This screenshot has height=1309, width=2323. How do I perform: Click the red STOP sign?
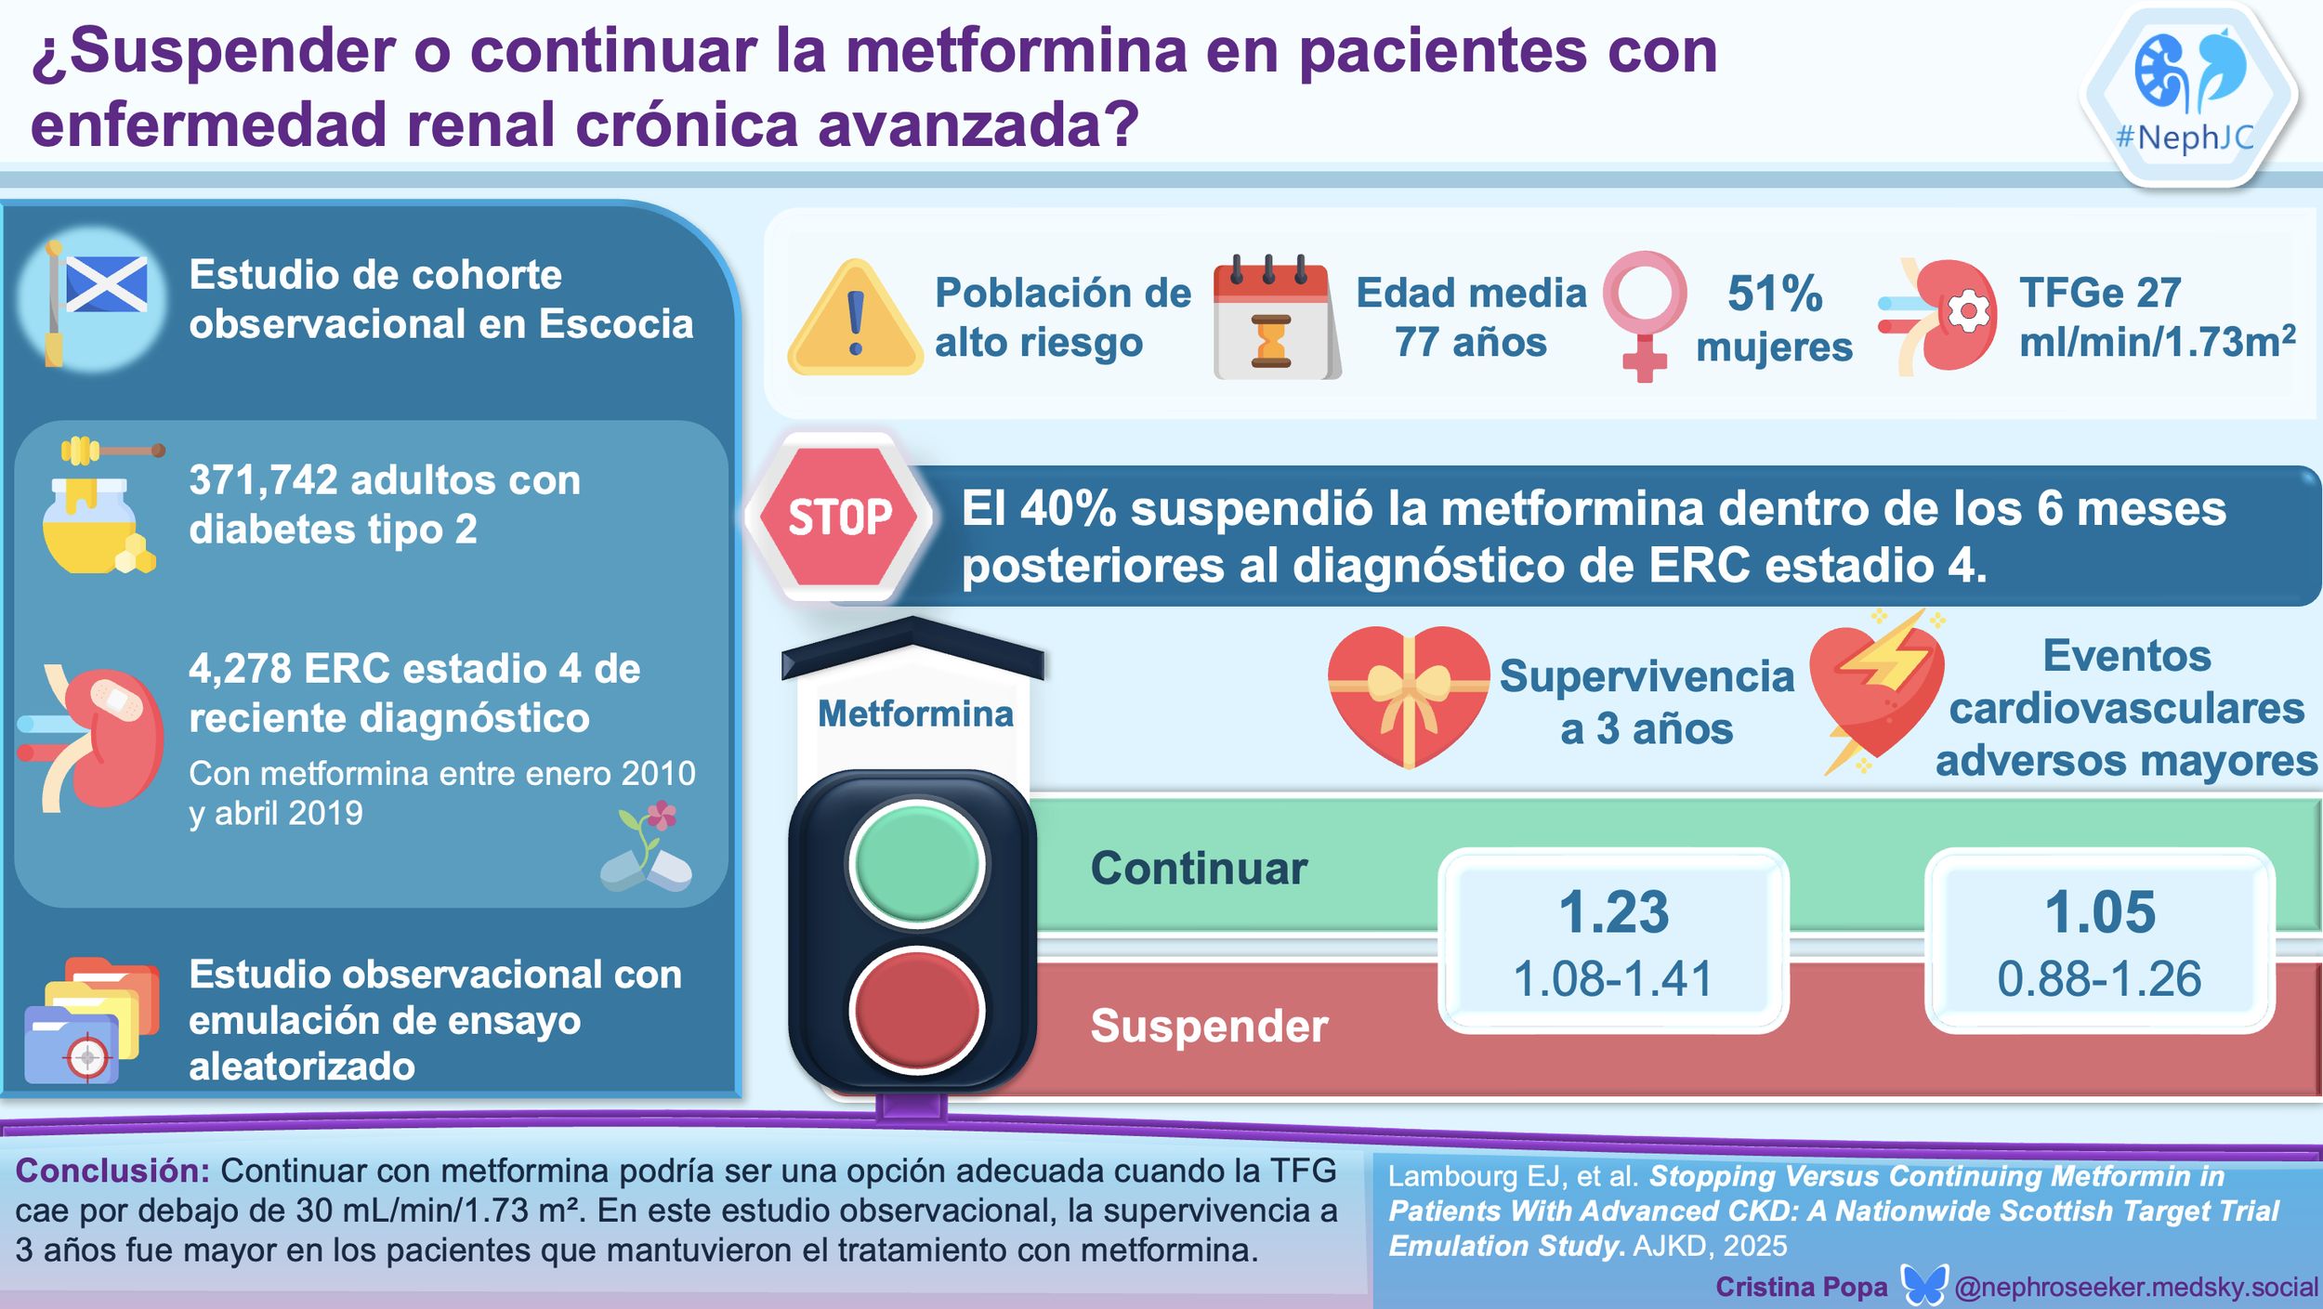pos(840,517)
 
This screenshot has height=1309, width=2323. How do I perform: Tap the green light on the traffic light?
pos(916,863)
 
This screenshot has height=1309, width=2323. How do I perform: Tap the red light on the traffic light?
pos(916,1010)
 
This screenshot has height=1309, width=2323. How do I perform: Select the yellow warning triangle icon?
pos(855,321)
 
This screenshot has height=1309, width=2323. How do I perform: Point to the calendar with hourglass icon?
pos(1274,321)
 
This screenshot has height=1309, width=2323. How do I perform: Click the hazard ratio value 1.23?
pos(1613,911)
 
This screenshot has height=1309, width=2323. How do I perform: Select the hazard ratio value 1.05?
pos(2100,911)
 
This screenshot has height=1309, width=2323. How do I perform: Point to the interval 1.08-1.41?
pos(1613,979)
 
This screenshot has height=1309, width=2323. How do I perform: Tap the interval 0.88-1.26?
pos(2100,979)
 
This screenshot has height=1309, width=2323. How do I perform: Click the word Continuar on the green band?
pos(1199,869)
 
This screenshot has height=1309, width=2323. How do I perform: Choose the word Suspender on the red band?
pos(1209,1027)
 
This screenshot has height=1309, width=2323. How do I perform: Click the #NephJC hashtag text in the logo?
pos(2185,138)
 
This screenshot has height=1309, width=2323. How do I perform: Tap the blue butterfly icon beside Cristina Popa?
pos(1923,1286)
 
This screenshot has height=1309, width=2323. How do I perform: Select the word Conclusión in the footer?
pos(113,1171)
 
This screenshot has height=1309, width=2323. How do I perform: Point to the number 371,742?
pos(263,480)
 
